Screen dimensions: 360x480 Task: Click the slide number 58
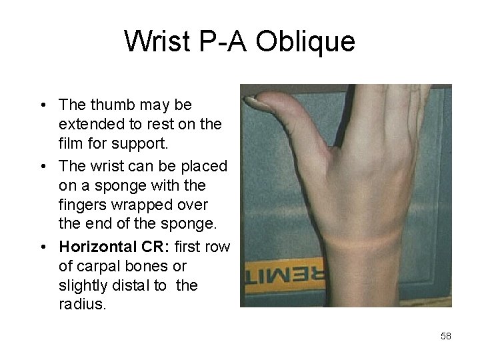click(446, 337)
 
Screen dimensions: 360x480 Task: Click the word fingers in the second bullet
click(82, 203)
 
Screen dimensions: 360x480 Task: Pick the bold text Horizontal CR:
click(113, 247)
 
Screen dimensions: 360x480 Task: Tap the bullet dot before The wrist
click(43, 165)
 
